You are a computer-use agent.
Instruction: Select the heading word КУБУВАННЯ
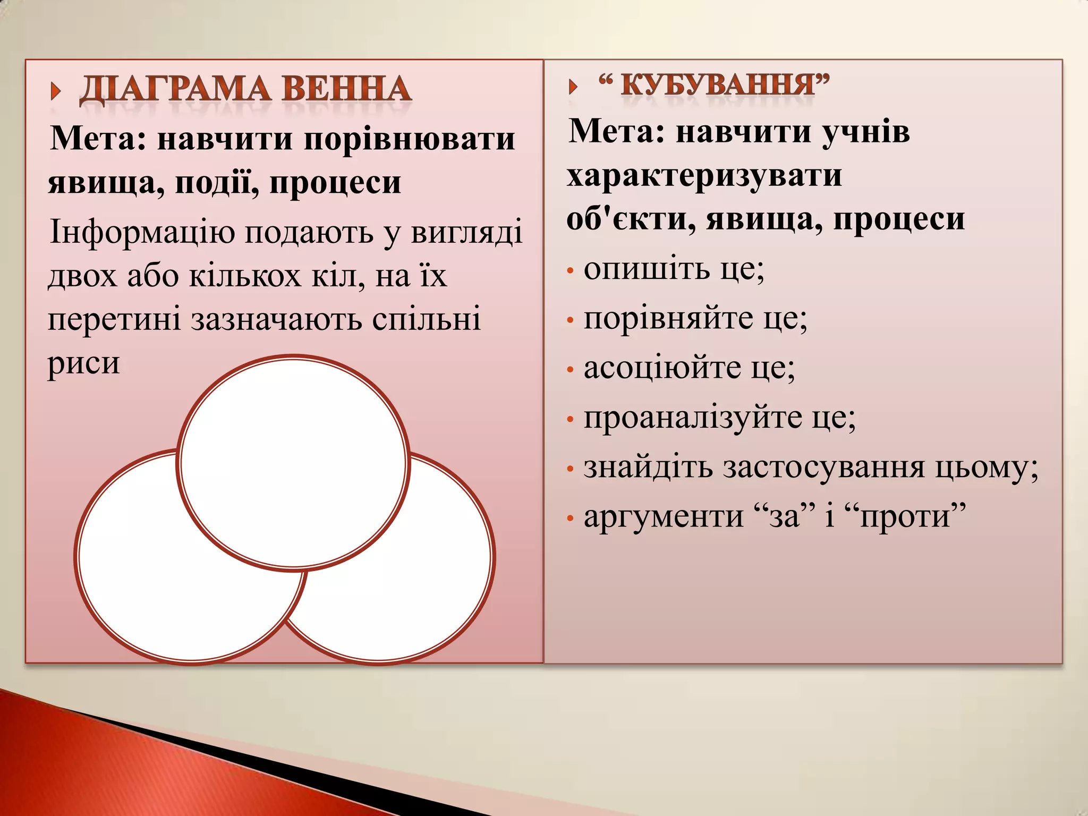point(717,85)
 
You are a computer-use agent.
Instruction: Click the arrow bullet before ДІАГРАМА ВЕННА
point(55,91)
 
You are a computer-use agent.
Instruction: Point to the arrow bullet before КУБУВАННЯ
point(573,87)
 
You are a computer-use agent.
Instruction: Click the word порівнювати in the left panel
point(409,140)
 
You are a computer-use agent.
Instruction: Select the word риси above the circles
point(83,364)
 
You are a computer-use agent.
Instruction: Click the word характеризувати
point(704,176)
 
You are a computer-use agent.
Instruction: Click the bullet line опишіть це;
point(674,269)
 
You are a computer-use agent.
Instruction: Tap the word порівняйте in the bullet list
point(668,319)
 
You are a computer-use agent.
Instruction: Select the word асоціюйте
point(662,368)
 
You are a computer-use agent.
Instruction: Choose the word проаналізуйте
point(693,418)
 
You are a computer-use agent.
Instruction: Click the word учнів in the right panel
point(866,132)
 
